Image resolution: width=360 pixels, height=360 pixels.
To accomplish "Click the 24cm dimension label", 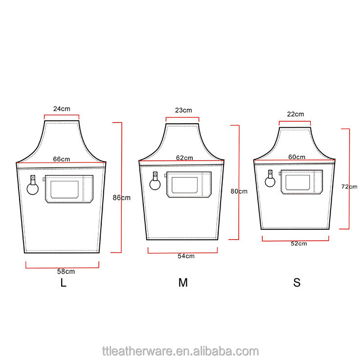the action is (62, 109).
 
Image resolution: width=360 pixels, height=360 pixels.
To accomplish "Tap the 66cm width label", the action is (62, 159).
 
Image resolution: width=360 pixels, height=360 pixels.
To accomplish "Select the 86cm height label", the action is (121, 198).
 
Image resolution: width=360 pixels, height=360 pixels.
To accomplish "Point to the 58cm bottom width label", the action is (66, 271).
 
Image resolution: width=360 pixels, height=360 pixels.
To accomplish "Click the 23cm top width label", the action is (183, 110).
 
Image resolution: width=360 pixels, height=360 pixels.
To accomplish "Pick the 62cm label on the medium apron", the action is (184, 157).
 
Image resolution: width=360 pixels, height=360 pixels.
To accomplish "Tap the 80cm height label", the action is (239, 191).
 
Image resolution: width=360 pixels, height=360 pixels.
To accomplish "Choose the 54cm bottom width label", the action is (186, 256).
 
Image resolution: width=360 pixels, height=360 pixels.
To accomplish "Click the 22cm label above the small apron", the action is (295, 114).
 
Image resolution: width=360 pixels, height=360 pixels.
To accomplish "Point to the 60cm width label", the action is (297, 157).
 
